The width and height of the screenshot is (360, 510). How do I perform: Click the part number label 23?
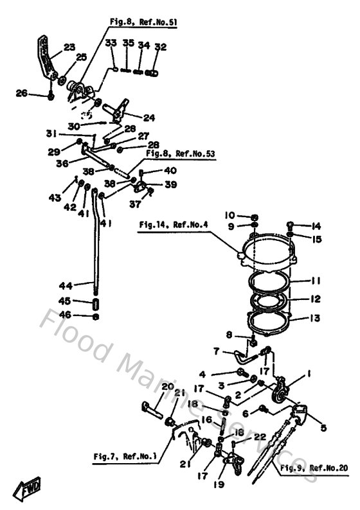coord(69,46)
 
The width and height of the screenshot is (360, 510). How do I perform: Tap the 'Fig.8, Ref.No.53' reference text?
coord(179,154)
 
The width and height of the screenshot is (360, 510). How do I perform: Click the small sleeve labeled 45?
coord(96,303)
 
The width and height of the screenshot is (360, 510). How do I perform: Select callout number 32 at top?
coord(161,46)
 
